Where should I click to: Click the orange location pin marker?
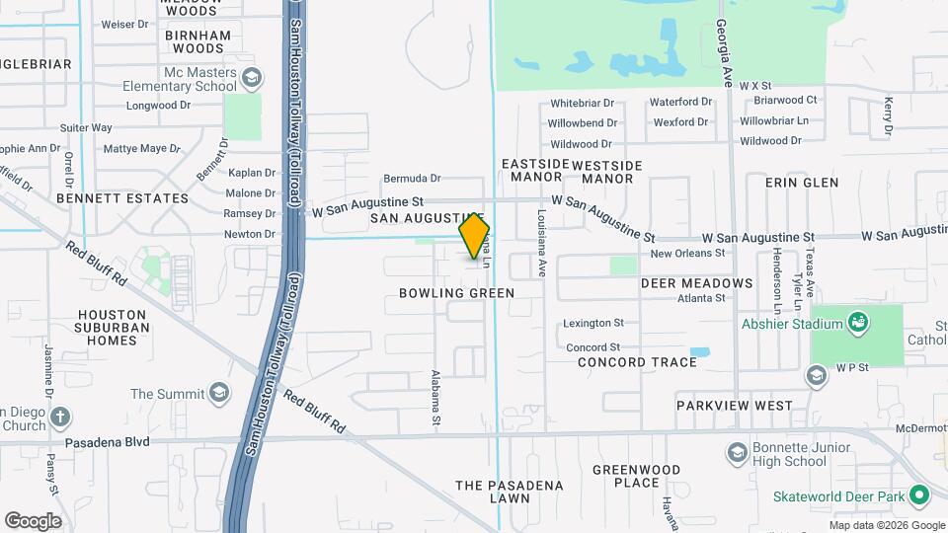coord(474,237)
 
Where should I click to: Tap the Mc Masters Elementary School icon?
coord(251,77)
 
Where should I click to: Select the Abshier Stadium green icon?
coord(857,323)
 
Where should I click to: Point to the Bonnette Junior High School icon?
coord(736,452)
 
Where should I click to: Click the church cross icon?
coord(60,417)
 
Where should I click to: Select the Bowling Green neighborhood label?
coord(456,293)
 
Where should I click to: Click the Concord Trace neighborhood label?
coord(638,362)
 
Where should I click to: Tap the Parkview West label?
coord(734,406)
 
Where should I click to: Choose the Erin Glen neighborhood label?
coord(802,183)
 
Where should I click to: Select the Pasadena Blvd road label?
coord(108,442)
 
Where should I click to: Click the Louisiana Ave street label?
coord(541,242)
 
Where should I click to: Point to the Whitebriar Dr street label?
coord(582,103)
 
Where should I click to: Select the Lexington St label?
coord(592,323)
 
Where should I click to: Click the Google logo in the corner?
coord(33,520)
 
